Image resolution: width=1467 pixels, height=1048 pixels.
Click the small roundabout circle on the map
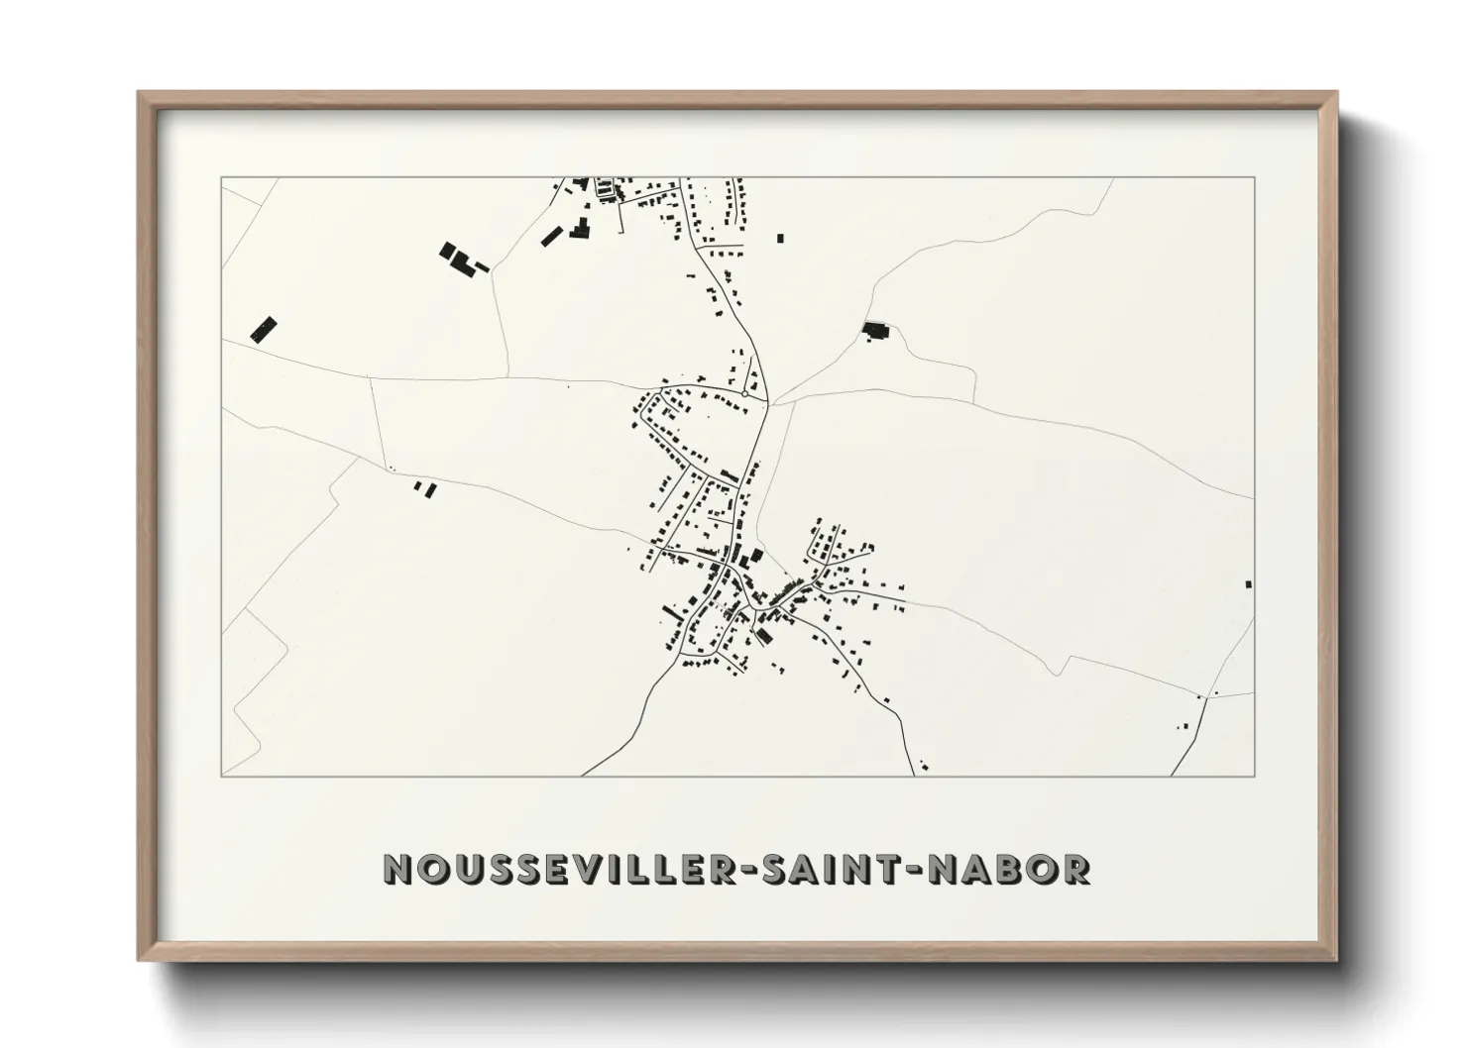[743, 394]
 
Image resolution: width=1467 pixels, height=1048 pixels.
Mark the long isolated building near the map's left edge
[263, 329]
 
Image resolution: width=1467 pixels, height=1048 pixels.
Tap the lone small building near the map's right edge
[1248, 584]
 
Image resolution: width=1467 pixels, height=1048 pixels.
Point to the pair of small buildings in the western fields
[424, 488]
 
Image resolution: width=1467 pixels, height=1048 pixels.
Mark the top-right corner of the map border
[1254, 178]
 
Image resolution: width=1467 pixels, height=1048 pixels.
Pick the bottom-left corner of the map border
[222, 776]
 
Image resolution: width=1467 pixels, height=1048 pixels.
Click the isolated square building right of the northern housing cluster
[780, 238]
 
